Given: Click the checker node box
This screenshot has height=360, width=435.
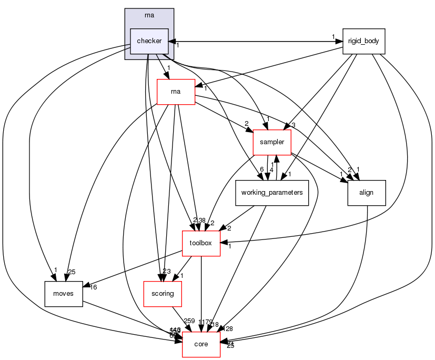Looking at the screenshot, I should point(149,41).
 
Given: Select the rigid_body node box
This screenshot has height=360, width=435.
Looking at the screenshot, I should point(363,41).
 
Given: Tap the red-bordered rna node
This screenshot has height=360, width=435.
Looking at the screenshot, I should point(176,92).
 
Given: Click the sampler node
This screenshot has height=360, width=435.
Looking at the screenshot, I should point(272,142).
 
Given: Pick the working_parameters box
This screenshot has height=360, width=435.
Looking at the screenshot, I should point(271,193).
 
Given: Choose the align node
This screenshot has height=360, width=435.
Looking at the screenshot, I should point(366,193).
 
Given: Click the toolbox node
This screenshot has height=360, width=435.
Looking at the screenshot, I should point(201,243).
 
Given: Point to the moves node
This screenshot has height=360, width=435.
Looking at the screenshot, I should point(63,293).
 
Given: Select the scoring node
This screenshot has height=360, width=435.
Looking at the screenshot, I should point(163,293).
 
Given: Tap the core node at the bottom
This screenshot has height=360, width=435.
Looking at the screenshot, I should point(201,344).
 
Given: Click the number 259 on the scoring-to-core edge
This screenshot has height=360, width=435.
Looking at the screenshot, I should point(190,321).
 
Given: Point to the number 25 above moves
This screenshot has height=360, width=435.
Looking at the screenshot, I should point(72,272).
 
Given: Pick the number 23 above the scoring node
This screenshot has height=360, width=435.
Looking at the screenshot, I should point(167,271).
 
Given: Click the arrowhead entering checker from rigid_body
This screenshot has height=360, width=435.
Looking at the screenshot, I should point(171,41).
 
